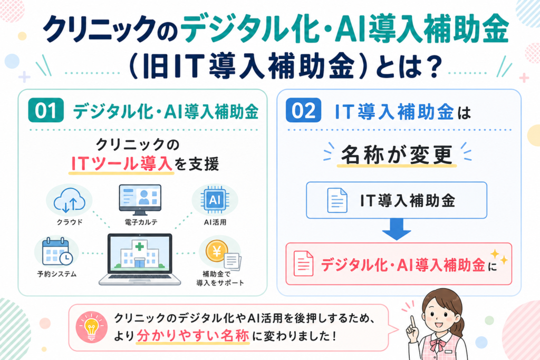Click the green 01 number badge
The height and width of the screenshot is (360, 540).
(x=46, y=110)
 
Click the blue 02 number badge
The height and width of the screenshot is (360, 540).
(x=303, y=110)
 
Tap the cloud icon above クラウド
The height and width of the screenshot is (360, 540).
(x=70, y=200)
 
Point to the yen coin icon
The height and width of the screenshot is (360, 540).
(x=217, y=251)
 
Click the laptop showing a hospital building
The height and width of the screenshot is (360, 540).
(x=140, y=259)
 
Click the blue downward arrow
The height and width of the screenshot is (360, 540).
(x=397, y=229)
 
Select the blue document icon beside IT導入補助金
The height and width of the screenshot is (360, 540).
(x=337, y=200)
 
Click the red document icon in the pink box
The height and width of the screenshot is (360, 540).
(x=303, y=264)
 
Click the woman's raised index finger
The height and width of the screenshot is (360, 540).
(x=412, y=322)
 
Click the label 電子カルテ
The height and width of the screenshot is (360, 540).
(x=141, y=222)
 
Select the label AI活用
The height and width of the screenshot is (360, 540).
(x=215, y=222)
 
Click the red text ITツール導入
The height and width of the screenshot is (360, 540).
(x=121, y=163)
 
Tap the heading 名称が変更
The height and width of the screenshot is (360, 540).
(x=397, y=155)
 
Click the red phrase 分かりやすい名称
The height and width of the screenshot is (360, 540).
(x=193, y=336)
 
